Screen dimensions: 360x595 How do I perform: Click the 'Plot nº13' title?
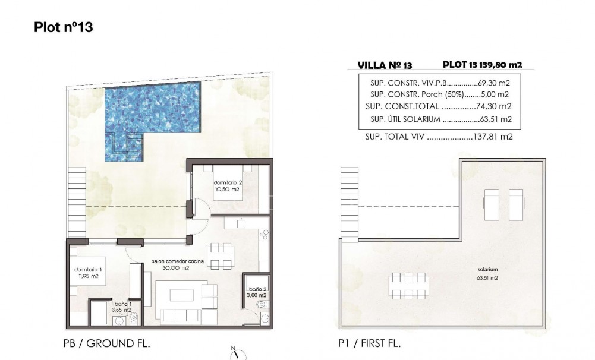(64, 27)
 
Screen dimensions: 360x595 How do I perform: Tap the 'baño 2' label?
(257, 288)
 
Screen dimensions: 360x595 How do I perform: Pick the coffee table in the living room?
(180, 295)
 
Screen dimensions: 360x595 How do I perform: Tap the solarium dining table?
(407, 286)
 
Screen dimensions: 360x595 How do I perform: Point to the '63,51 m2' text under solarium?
(487, 277)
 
